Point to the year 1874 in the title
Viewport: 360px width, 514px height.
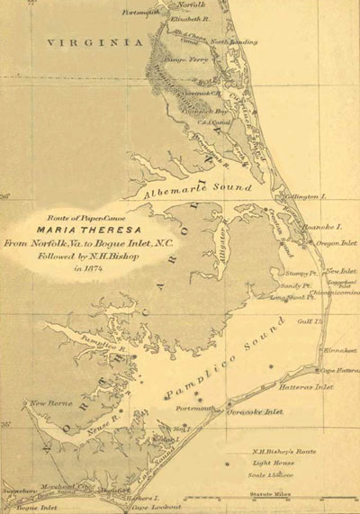pyautogui.click(x=96, y=266)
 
